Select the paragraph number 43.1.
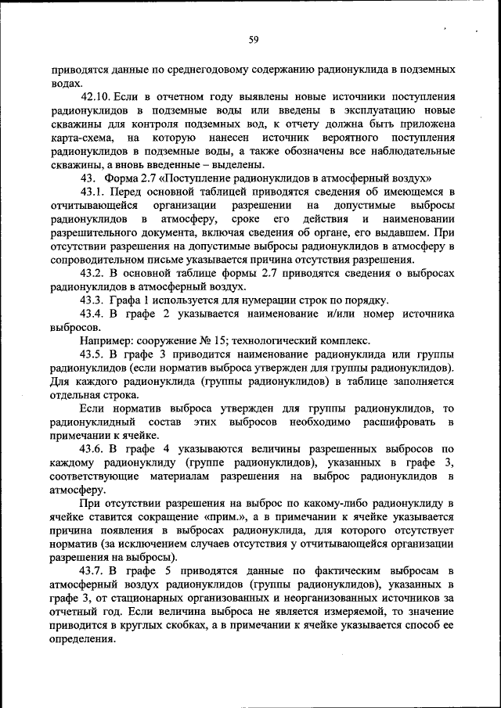(94, 191)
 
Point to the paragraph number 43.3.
(94, 300)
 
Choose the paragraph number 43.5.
(94, 354)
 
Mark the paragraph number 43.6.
(94, 449)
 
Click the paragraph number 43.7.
(94, 572)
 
